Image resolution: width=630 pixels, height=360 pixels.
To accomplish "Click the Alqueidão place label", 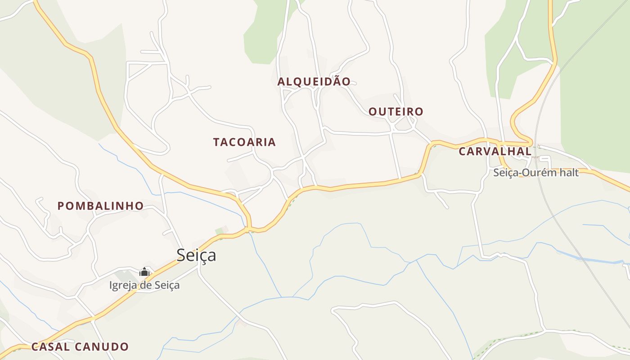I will pos(314,81).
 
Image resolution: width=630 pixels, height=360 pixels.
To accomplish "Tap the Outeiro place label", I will pos(396,112).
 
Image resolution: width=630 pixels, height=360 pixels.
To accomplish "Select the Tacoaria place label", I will pos(244,142).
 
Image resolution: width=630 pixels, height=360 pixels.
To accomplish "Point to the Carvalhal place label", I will pos(495,152).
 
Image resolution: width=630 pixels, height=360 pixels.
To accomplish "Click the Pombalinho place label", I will pos(100,206).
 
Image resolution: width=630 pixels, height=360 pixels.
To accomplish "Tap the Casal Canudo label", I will pos(80,347).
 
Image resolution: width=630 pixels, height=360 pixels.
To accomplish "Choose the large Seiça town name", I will pos(196,255).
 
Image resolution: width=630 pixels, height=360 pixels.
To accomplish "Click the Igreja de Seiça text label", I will pos(144,285).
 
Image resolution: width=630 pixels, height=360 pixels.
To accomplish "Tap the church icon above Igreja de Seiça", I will pos(144,272).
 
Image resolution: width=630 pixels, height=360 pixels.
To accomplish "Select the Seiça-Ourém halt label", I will pos(535,172).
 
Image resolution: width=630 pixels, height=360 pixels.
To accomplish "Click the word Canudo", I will pos(102,347).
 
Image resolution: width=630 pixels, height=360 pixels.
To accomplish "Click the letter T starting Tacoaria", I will pos(216,142).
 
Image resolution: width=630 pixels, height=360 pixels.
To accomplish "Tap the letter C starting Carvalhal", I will pos(462,152).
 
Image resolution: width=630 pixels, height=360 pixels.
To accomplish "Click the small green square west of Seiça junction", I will pos(219,231).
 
